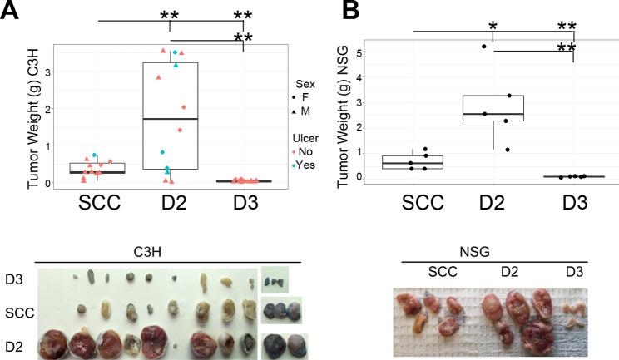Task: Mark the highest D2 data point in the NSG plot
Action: pyautogui.click(x=484, y=47)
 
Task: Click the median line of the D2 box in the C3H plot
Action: pyautogui.click(x=170, y=119)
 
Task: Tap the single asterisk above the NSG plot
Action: pyautogui.click(x=493, y=27)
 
